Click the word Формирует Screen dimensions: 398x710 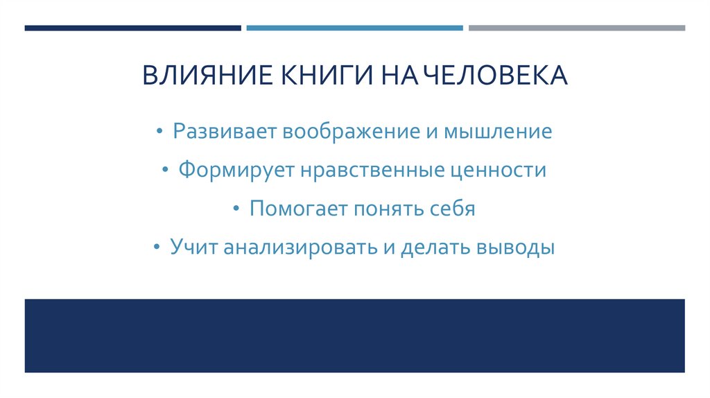(x=235, y=170)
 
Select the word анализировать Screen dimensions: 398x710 (x=300, y=248)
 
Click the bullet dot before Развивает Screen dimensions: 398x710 (x=161, y=132)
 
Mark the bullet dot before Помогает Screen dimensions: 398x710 (x=237, y=209)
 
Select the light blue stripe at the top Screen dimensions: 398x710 (x=354, y=28)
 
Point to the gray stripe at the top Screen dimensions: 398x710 (x=576, y=28)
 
